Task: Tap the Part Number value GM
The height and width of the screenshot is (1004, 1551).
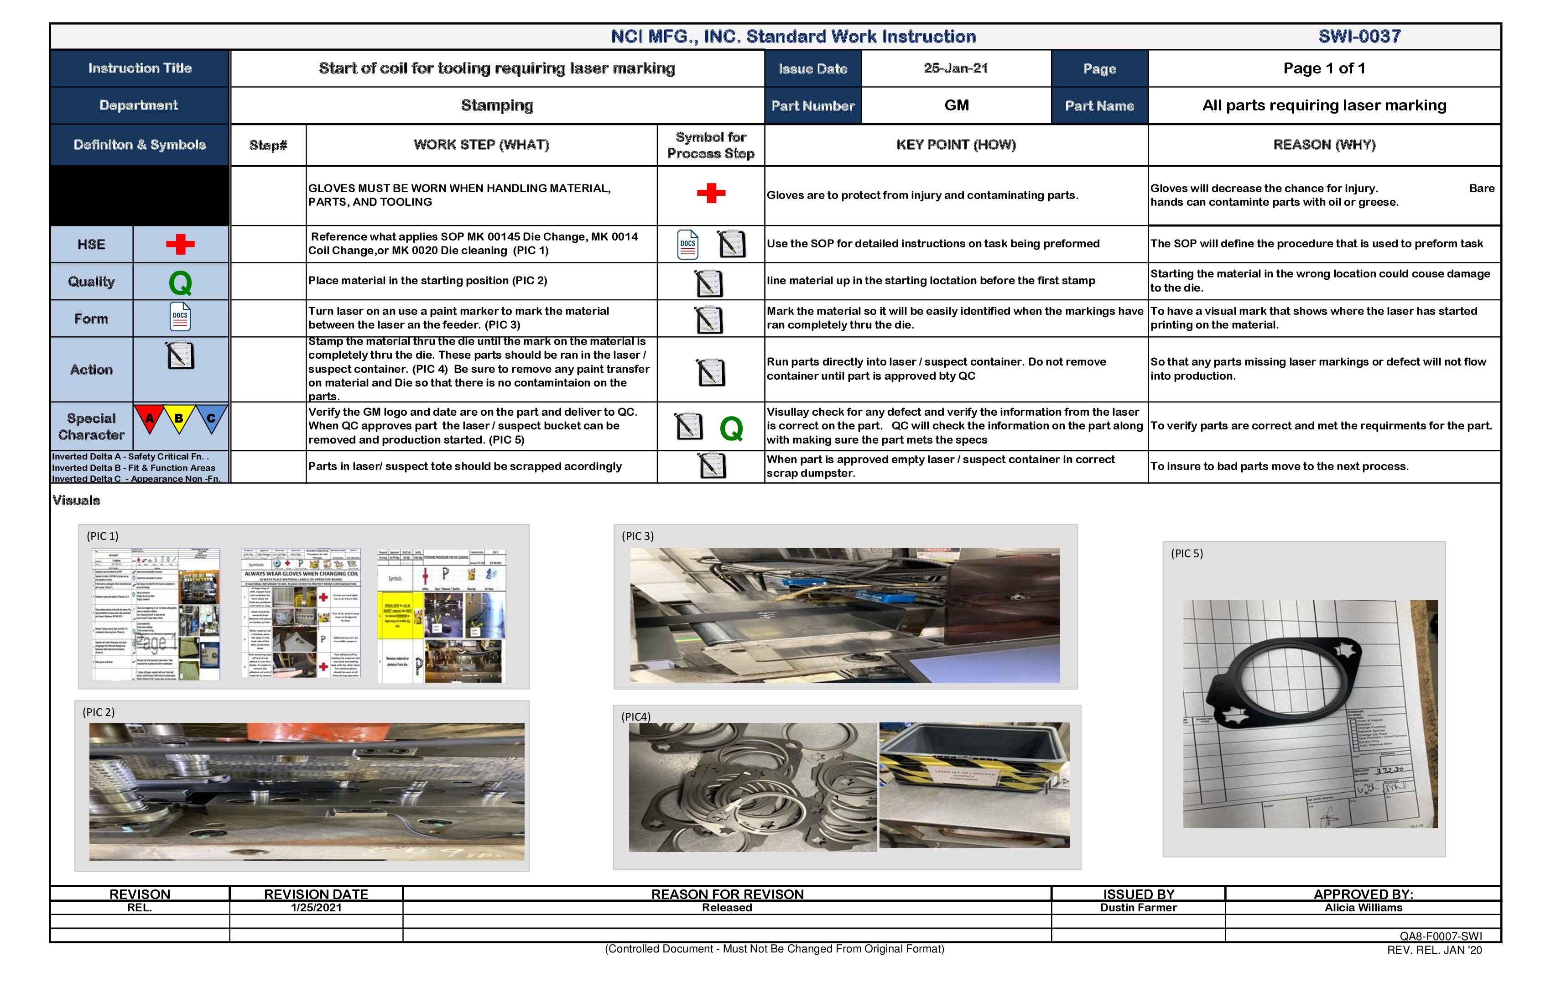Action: click(x=956, y=105)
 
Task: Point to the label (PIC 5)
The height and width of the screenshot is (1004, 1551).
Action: click(x=1187, y=554)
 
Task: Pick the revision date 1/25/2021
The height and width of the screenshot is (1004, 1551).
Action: click(x=316, y=908)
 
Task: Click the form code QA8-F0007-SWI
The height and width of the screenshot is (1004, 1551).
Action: click(x=1440, y=936)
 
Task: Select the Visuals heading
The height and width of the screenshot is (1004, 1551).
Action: click(x=76, y=500)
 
